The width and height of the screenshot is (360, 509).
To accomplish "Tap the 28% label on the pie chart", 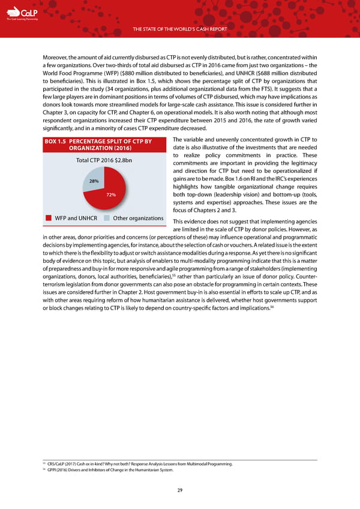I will [94, 181].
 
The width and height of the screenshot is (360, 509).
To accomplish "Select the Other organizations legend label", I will [138, 217].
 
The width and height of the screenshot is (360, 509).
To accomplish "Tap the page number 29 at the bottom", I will [180, 490].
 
